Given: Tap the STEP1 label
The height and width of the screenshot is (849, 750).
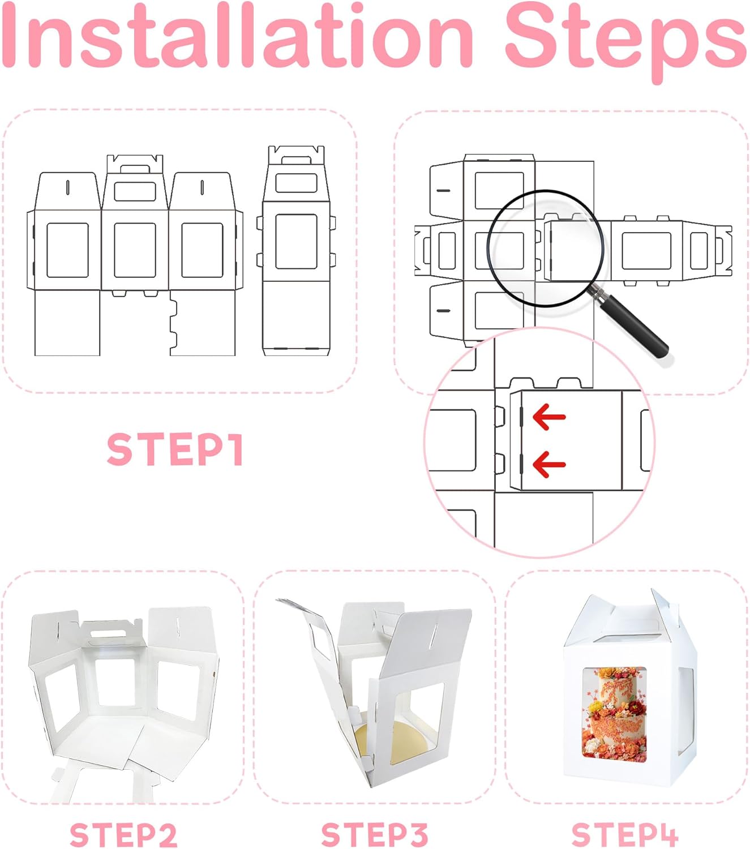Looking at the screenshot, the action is (x=175, y=449).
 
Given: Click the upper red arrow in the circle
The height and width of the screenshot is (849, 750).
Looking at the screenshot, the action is (x=549, y=417).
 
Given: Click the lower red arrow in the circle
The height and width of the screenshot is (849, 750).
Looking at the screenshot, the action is (x=549, y=464).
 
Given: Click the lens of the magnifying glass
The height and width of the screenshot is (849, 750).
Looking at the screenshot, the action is (x=546, y=248).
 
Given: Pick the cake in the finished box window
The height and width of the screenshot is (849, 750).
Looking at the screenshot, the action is (x=615, y=719).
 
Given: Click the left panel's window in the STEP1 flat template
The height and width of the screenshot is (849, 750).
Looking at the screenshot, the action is (x=67, y=250).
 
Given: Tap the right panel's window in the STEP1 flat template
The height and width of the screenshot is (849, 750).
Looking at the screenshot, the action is (x=202, y=250).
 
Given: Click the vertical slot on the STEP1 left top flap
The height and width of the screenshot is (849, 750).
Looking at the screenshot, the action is (x=67, y=187).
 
